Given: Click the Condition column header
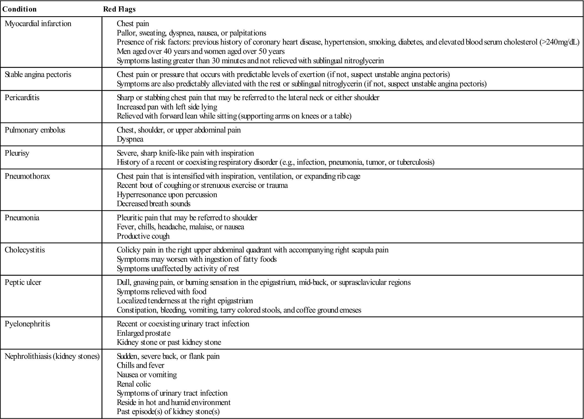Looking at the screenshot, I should (x=19, y=9).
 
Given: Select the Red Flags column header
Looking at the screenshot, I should (x=119, y=9).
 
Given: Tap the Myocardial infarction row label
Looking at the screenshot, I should (x=38, y=24).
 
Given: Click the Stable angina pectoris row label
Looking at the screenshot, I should (x=38, y=75).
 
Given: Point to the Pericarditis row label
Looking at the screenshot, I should (x=22, y=98).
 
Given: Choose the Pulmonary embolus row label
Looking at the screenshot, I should (x=35, y=130).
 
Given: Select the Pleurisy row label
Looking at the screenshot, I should (x=17, y=153).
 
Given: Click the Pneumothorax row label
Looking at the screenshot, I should (x=27, y=176).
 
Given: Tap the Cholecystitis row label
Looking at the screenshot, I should (x=25, y=250).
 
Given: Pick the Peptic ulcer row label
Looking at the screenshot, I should (x=23, y=282).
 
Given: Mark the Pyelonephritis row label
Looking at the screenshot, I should (x=27, y=324).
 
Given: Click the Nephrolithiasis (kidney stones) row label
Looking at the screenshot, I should (x=52, y=356).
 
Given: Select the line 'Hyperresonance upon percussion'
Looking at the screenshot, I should (x=167, y=195).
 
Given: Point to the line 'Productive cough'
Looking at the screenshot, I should (x=143, y=236).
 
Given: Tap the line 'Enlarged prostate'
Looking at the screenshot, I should (x=143, y=333).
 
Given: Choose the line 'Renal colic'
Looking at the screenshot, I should (x=134, y=384).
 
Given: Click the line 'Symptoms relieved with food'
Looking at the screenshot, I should (x=162, y=292).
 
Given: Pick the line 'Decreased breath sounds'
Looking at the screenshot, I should (x=154, y=204).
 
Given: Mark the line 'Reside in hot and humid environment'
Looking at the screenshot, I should (x=174, y=403).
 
